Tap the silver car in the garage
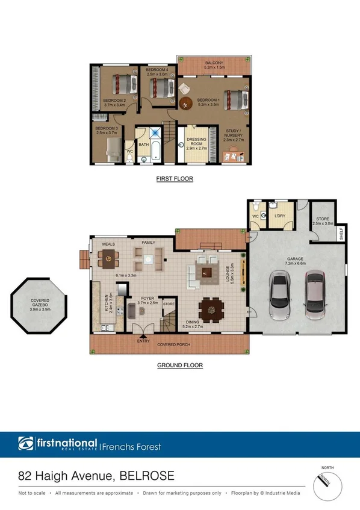tap(280, 296)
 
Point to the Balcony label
tap(214, 63)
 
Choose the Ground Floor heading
tap(179, 365)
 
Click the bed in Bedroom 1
tap(235, 99)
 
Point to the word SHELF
tap(341, 234)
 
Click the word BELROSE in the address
tap(146, 476)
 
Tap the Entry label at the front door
tap(143, 341)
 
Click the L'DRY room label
tap(279, 216)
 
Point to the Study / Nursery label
tap(234, 133)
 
